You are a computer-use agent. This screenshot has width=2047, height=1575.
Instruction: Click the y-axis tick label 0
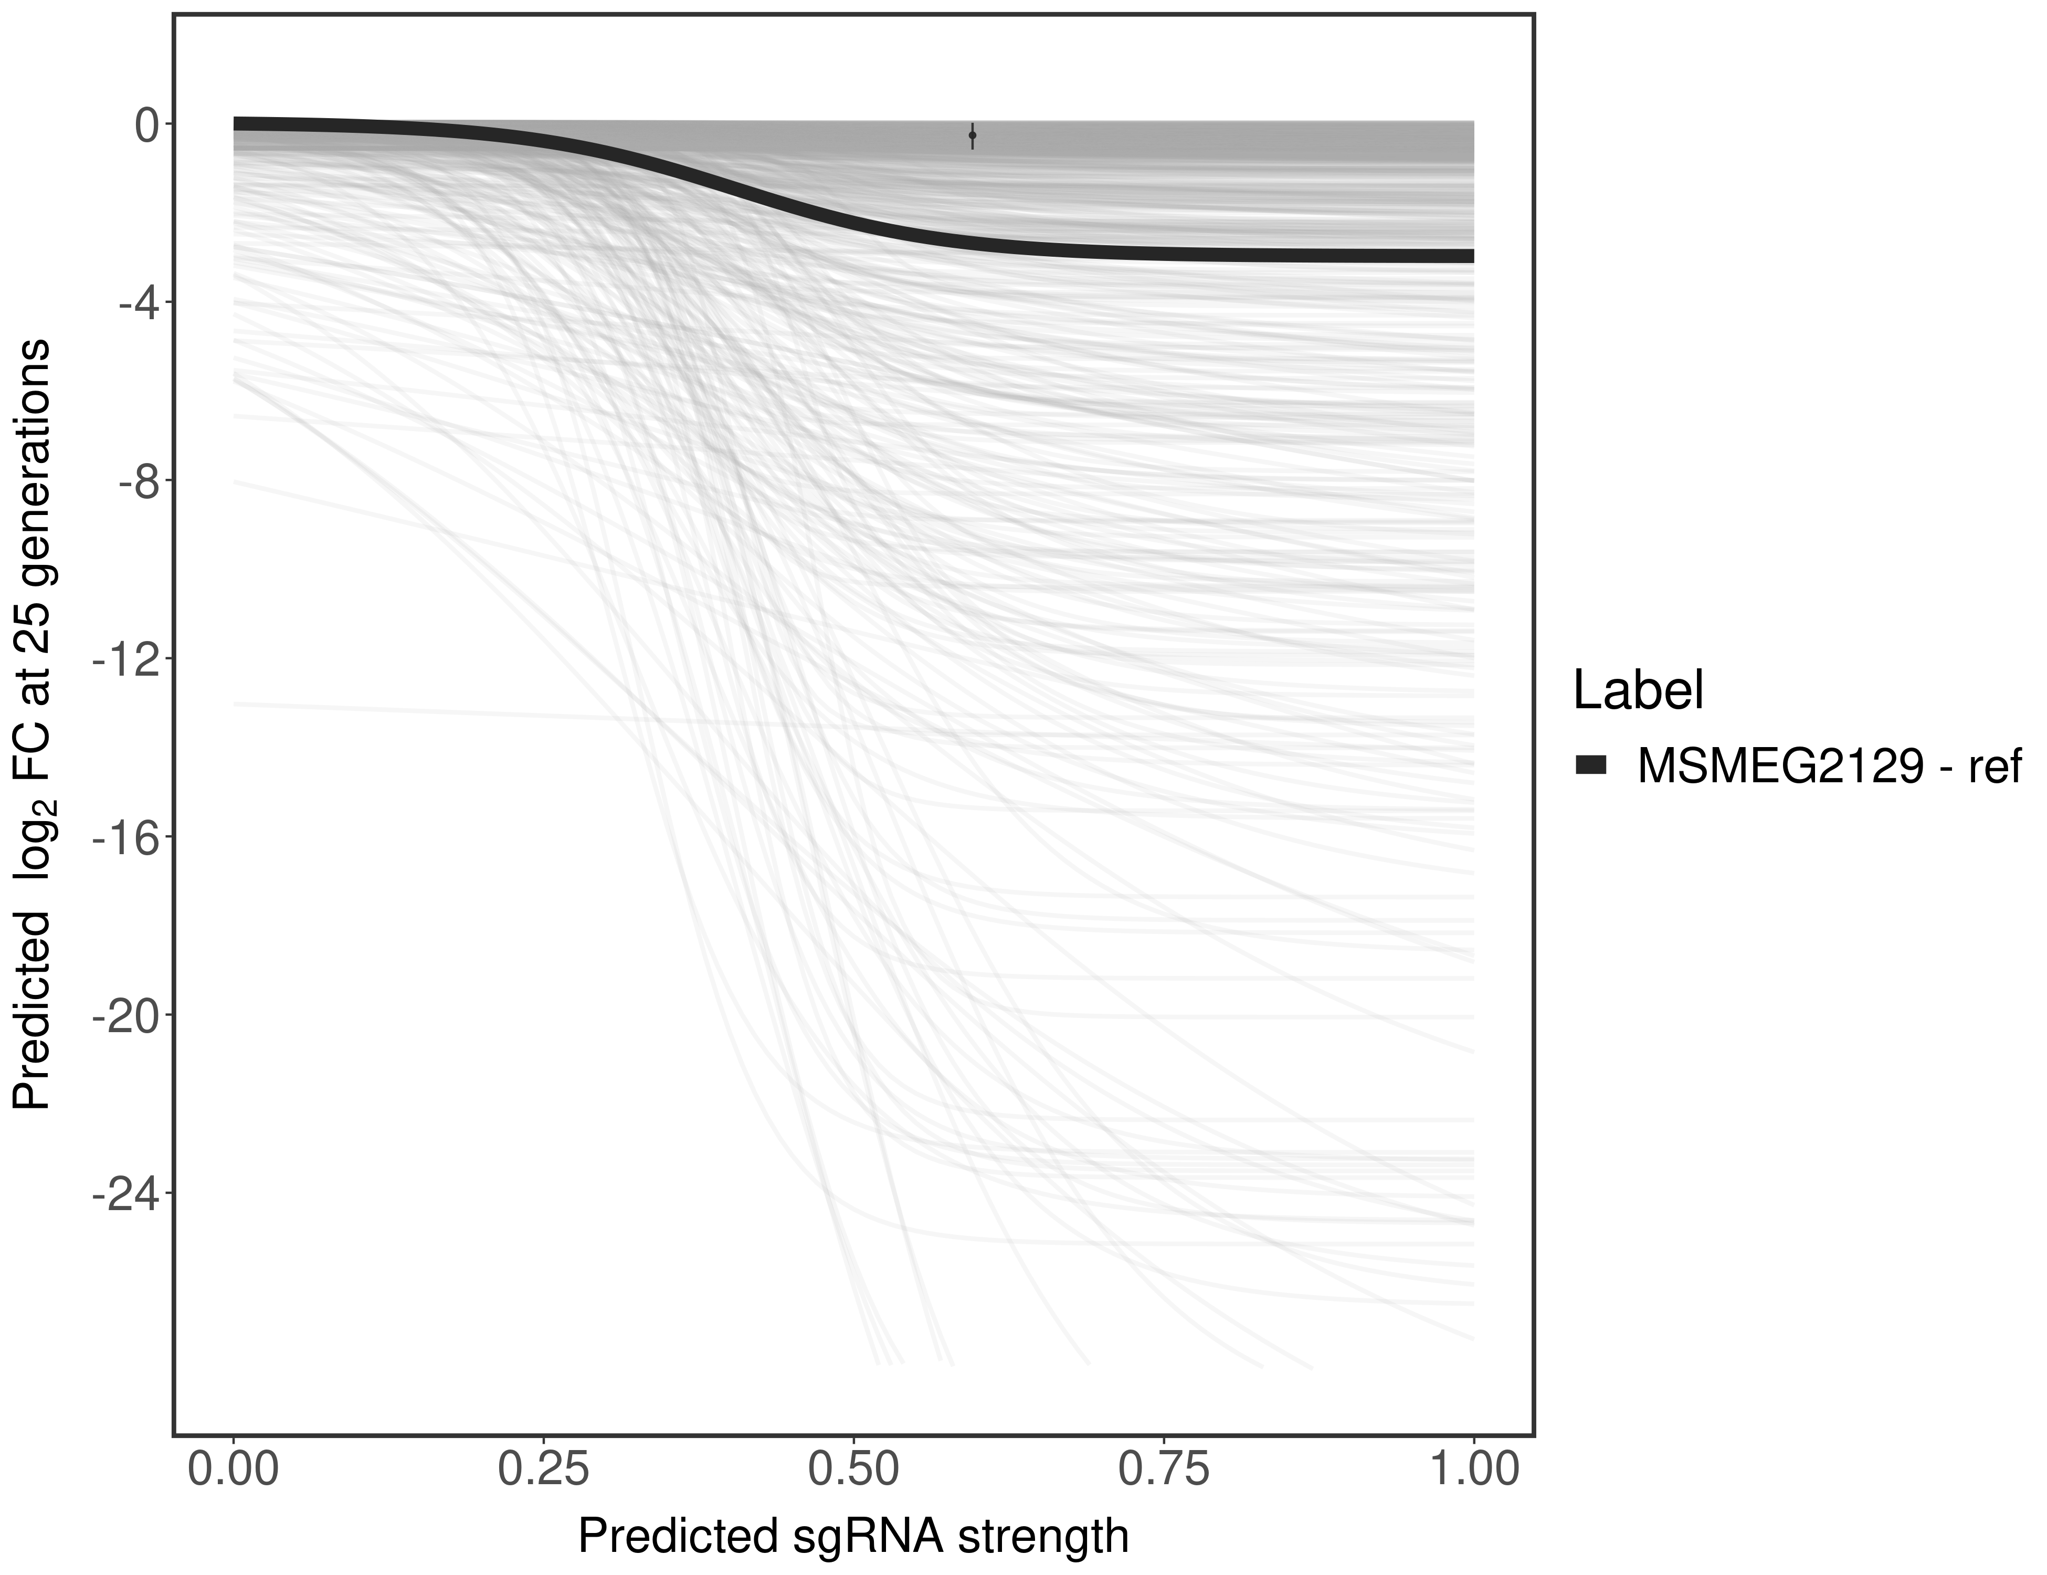point(146,125)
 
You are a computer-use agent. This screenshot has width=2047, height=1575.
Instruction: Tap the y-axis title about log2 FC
point(32,724)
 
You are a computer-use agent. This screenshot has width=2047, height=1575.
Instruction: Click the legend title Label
point(1638,691)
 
